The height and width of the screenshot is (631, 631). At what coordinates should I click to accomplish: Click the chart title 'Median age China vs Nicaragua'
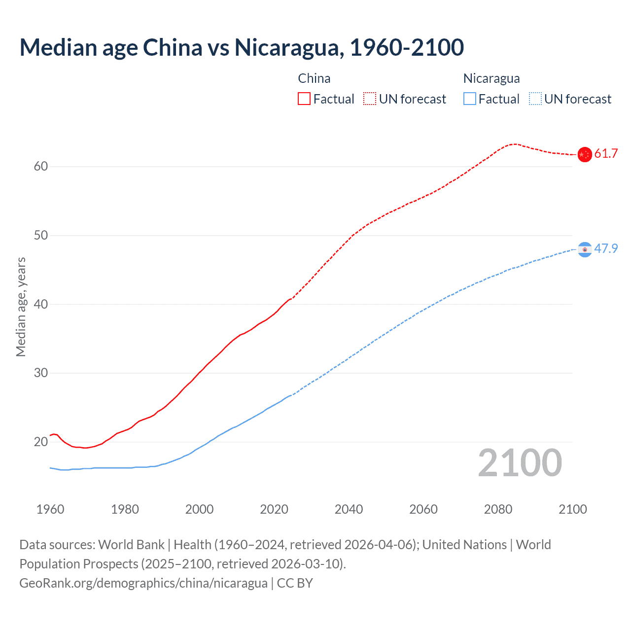(242, 47)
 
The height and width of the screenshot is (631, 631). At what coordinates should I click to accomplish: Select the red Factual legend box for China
(304, 99)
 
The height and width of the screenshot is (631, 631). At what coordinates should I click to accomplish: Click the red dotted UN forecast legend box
(370, 99)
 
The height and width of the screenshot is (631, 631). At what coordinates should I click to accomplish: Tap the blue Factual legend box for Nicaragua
(470, 99)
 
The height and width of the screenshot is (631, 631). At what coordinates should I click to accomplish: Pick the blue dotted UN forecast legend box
(535, 99)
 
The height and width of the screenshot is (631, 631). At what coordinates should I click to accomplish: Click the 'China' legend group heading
(314, 78)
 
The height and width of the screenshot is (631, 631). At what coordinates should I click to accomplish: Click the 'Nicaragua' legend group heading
(491, 78)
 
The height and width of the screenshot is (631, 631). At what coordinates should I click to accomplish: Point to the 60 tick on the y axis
(41, 167)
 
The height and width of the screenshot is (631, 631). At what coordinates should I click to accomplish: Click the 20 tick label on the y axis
(41, 442)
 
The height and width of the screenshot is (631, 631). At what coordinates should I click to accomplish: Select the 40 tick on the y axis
(41, 304)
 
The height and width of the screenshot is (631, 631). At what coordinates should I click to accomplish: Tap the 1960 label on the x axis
(50, 509)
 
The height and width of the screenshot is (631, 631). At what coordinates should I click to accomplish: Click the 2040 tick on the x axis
(349, 509)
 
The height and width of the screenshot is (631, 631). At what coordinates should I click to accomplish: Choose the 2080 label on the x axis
(498, 509)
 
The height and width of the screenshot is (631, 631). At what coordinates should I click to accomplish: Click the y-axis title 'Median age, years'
(21, 307)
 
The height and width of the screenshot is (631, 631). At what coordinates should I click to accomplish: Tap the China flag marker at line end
(585, 154)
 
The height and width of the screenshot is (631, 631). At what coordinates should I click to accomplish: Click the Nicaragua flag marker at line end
(585, 250)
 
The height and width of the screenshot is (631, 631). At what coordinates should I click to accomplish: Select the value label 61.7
(606, 154)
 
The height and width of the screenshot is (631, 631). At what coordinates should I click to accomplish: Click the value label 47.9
(606, 248)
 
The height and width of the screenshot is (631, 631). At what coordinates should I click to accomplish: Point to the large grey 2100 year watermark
(520, 463)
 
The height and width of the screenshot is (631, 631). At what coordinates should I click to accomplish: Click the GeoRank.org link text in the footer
(143, 583)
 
